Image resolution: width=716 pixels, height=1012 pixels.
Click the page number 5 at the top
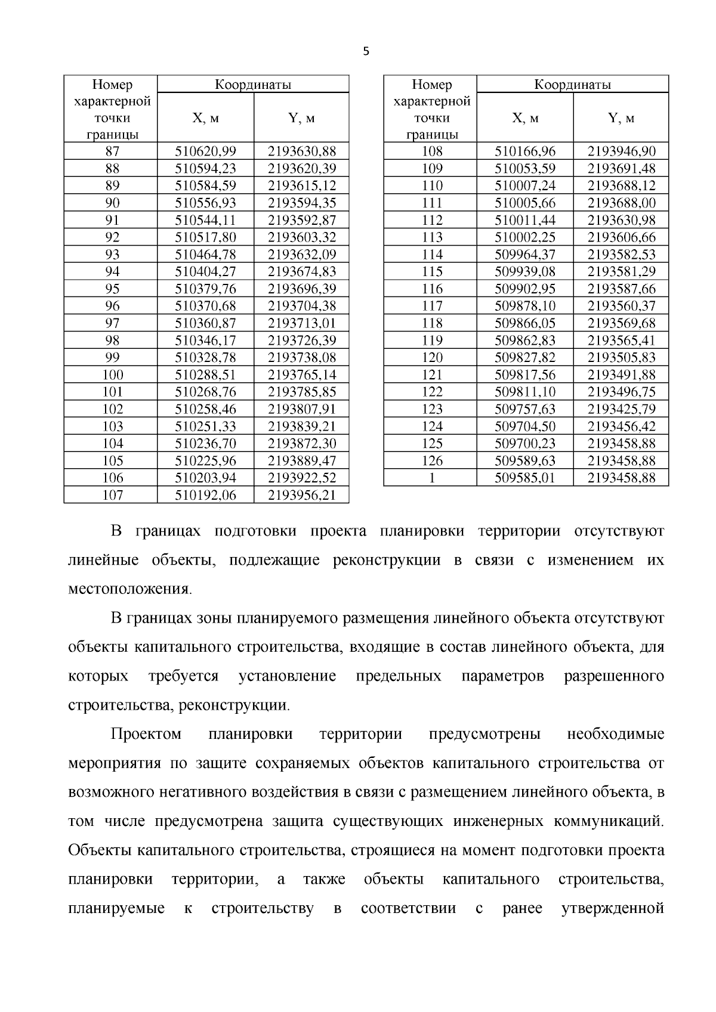pos(366,52)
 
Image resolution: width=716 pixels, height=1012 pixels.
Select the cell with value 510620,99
pos(205,151)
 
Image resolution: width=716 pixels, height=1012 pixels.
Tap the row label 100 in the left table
pos(112,375)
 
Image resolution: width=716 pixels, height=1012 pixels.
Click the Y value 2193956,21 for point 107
pos(301,496)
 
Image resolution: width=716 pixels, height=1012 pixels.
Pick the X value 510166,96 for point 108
pos(525,151)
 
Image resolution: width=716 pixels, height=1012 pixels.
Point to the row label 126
pos(431,461)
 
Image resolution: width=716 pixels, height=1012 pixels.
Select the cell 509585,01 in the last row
pos(525,478)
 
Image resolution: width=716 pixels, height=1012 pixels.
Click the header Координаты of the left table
pos(253,85)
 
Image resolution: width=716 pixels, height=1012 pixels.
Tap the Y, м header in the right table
pos(621,118)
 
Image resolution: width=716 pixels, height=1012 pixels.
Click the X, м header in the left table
pos(205,118)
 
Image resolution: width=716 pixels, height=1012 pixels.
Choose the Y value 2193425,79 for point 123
pos(621,410)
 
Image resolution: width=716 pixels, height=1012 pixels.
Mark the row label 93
pos(112,255)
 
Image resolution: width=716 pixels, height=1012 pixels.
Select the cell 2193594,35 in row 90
pos(301,203)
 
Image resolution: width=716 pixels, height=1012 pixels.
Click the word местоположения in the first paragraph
pos(130,589)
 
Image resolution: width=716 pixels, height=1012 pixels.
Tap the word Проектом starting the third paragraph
pos(146,734)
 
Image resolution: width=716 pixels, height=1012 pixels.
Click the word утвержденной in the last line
pos(612,909)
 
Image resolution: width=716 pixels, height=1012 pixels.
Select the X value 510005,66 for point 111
pos(525,203)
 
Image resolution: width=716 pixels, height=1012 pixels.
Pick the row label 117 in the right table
pos(431,307)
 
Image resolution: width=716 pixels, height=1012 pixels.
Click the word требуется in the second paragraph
pos(183,676)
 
